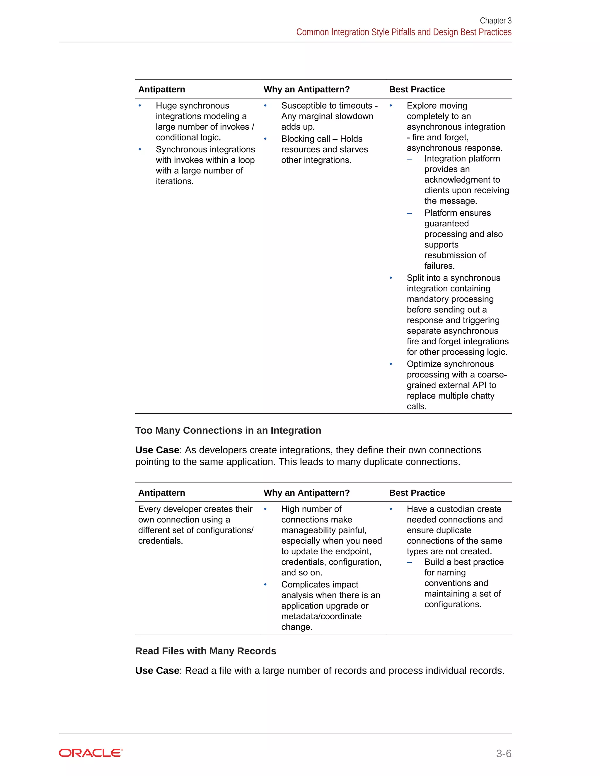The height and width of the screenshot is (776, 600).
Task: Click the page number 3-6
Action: coord(503,753)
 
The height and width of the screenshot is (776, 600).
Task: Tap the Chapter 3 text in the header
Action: coord(495,20)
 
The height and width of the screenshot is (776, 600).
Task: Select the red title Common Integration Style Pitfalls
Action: coord(403,32)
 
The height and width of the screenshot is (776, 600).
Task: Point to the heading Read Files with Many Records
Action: coord(205,651)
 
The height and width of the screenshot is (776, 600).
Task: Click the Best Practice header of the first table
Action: coord(417,89)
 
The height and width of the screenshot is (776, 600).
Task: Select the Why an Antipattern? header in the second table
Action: coord(306,493)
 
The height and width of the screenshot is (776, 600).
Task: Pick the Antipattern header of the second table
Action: coord(161,493)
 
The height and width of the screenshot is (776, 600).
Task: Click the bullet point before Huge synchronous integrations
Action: coord(140,105)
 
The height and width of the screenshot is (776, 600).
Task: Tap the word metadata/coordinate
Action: coord(321,616)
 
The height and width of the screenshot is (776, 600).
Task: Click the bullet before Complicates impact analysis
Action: coord(265,584)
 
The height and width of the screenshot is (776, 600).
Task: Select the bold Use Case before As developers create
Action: coord(157,450)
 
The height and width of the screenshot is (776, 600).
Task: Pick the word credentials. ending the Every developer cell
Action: coord(160,541)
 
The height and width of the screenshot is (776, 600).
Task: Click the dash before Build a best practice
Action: coord(409,562)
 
